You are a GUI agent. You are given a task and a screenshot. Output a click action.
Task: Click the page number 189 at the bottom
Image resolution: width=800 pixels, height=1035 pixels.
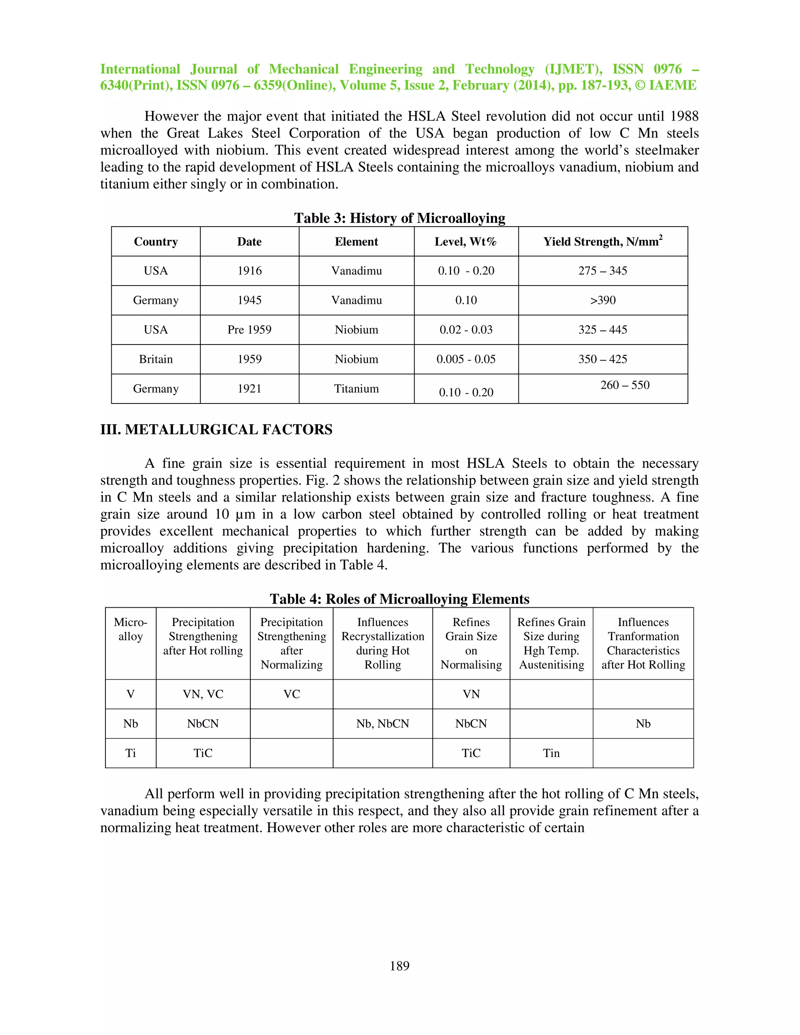click(x=399, y=965)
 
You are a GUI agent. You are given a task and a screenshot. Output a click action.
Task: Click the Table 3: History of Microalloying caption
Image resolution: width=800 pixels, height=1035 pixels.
click(x=399, y=218)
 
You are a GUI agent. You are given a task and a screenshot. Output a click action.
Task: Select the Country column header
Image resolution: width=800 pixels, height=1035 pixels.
click(x=155, y=242)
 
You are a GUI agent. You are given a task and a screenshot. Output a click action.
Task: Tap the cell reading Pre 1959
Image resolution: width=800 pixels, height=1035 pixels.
click(x=249, y=330)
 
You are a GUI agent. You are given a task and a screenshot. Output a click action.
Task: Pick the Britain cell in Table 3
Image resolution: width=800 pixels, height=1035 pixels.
click(x=155, y=359)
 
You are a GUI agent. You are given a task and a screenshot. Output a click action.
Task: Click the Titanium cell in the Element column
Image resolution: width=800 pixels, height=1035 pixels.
click(x=356, y=389)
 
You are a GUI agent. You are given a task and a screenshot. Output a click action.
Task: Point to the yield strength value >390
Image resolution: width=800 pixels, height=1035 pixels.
click(x=602, y=300)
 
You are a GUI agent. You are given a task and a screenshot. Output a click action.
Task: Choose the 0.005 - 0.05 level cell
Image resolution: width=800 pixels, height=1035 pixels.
click(x=466, y=359)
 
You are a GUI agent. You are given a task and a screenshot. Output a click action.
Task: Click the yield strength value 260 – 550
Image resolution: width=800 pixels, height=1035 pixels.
click(x=625, y=385)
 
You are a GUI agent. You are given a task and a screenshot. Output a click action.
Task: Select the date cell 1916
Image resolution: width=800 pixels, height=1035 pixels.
click(x=249, y=271)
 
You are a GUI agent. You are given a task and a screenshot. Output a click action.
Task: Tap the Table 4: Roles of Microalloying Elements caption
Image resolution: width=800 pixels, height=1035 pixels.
click(x=399, y=599)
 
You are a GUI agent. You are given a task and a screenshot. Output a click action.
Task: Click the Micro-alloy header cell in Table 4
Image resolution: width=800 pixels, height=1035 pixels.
click(x=130, y=629)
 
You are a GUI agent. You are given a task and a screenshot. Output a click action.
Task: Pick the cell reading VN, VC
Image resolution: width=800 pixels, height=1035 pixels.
click(x=203, y=694)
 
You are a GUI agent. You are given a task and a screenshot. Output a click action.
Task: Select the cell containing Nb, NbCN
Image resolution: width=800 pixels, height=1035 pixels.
click(x=382, y=724)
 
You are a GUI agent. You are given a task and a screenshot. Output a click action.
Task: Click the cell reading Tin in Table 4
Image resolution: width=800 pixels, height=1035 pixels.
click(x=551, y=753)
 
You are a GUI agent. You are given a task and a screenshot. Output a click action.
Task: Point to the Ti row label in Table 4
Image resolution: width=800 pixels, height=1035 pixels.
click(x=130, y=753)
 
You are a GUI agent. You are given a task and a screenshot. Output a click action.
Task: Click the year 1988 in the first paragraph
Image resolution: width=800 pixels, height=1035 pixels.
click(x=684, y=116)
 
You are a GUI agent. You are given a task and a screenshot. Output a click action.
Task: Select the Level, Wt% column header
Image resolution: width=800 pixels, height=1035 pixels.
click(x=466, y=242)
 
